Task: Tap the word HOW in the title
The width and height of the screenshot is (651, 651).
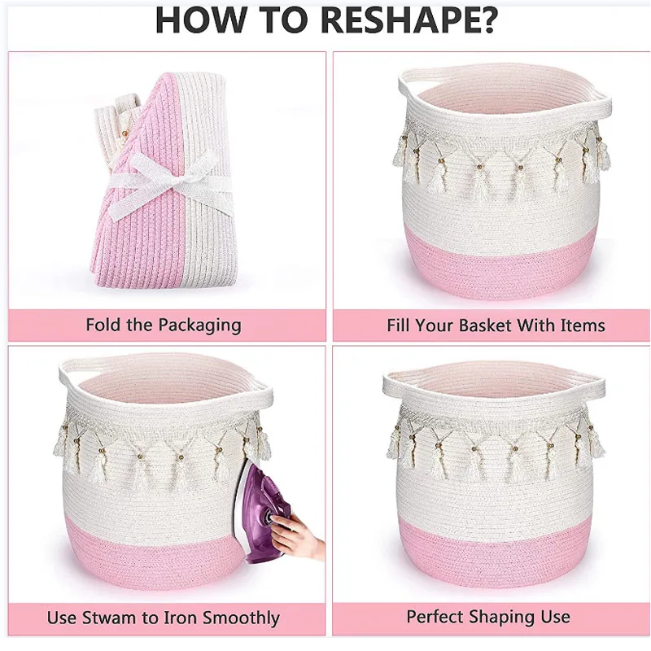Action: coord(193,20)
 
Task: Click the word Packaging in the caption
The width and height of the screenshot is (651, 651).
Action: coord(199,325)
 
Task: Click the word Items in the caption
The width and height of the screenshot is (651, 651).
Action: coord(582,325)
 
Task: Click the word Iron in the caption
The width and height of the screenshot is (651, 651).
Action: coord(174,618)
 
